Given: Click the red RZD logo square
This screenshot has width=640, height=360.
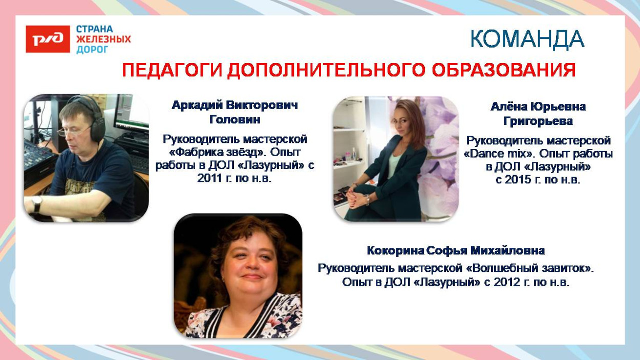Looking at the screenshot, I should (48, 39).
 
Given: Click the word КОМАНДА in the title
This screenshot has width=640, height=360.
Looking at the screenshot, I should (527, 39).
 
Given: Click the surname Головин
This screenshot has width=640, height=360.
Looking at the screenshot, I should (235, 120).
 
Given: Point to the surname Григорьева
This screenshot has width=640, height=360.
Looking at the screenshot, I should (538, 122).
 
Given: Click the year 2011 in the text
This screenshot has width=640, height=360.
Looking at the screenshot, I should (210, 178).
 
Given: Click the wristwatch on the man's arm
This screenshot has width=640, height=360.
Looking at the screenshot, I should (37, 203).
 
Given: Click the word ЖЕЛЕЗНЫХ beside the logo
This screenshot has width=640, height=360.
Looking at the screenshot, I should (103, 39).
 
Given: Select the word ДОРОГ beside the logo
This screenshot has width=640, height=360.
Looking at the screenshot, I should (92, 49).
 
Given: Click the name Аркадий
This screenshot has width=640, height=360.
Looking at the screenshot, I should (197, 105).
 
